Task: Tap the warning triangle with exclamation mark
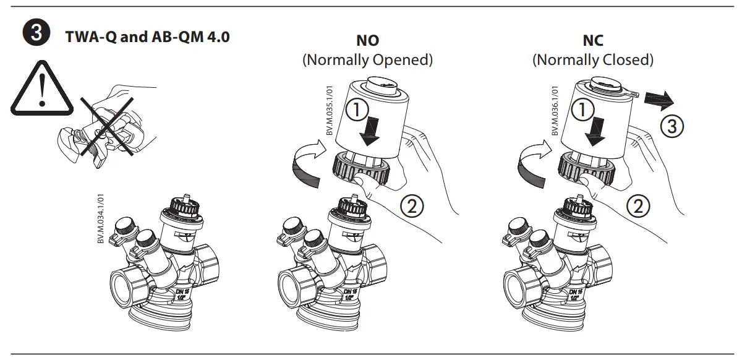point(40,90)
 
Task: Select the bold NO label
point(367,41)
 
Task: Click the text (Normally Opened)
point(367,60)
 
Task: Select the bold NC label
point(593,41)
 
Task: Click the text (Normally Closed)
point(593,60)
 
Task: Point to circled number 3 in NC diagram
point(672,127)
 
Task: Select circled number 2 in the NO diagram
point(412,205)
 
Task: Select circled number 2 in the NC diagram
point(638,205)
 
